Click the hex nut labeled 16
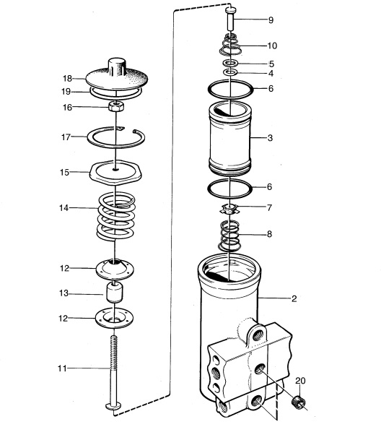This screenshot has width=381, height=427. tap(116, 105)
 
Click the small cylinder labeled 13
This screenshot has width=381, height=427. tap(114, 293)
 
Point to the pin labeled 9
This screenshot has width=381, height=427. tap(231, 20)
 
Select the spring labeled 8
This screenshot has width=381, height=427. tap(229, 236)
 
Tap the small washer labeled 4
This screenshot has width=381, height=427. tap(230, 72)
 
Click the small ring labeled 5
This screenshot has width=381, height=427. tap(230, 64)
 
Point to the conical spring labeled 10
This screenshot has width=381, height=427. tap(230, 45)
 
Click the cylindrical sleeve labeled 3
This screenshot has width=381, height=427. tap(229, 139)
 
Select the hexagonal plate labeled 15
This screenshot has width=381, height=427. tap(116, 173)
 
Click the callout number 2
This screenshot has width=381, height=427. tap(294, 298)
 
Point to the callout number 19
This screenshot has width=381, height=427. tap(66, 92)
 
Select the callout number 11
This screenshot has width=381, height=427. tap(62, 368)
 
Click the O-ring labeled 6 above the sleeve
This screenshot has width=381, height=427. tap(209, 90)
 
